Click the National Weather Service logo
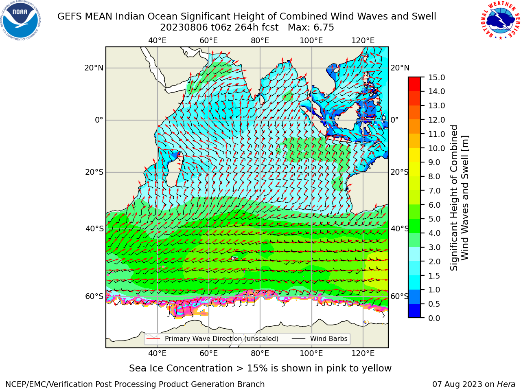[x=500, y=20]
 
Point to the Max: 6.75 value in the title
[x=311, y=28]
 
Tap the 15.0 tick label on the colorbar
[x=436, y=77]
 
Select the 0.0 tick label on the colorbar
[x=434, y=318]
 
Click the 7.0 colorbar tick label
[x=434, y=191]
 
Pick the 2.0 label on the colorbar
[x=434, y=261]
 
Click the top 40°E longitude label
[x=158, y=41]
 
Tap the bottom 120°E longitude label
[x=363, y=354]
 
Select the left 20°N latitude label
[x=94, y=68]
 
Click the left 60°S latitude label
[x=94, y=296]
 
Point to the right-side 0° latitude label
[x=394, y=120]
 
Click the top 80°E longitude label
[x=260, y=41]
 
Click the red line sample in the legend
[x=153, y=339]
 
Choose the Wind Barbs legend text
[x=329, y=338]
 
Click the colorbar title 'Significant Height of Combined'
[x=453, y=198]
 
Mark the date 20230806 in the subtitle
[x=184, y=28]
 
